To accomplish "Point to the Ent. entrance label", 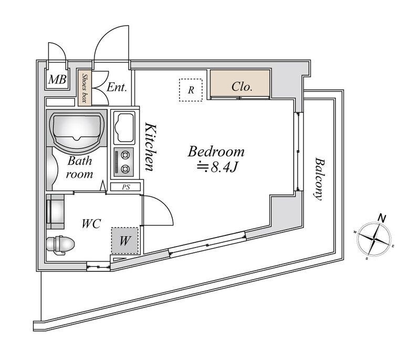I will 117,87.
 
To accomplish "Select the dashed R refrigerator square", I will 191,89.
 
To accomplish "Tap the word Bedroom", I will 216,152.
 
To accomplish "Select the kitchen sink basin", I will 123,127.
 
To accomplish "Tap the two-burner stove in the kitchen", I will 125,161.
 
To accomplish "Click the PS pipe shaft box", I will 126,187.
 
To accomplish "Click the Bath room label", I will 79,167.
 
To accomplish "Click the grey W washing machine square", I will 125,241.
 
